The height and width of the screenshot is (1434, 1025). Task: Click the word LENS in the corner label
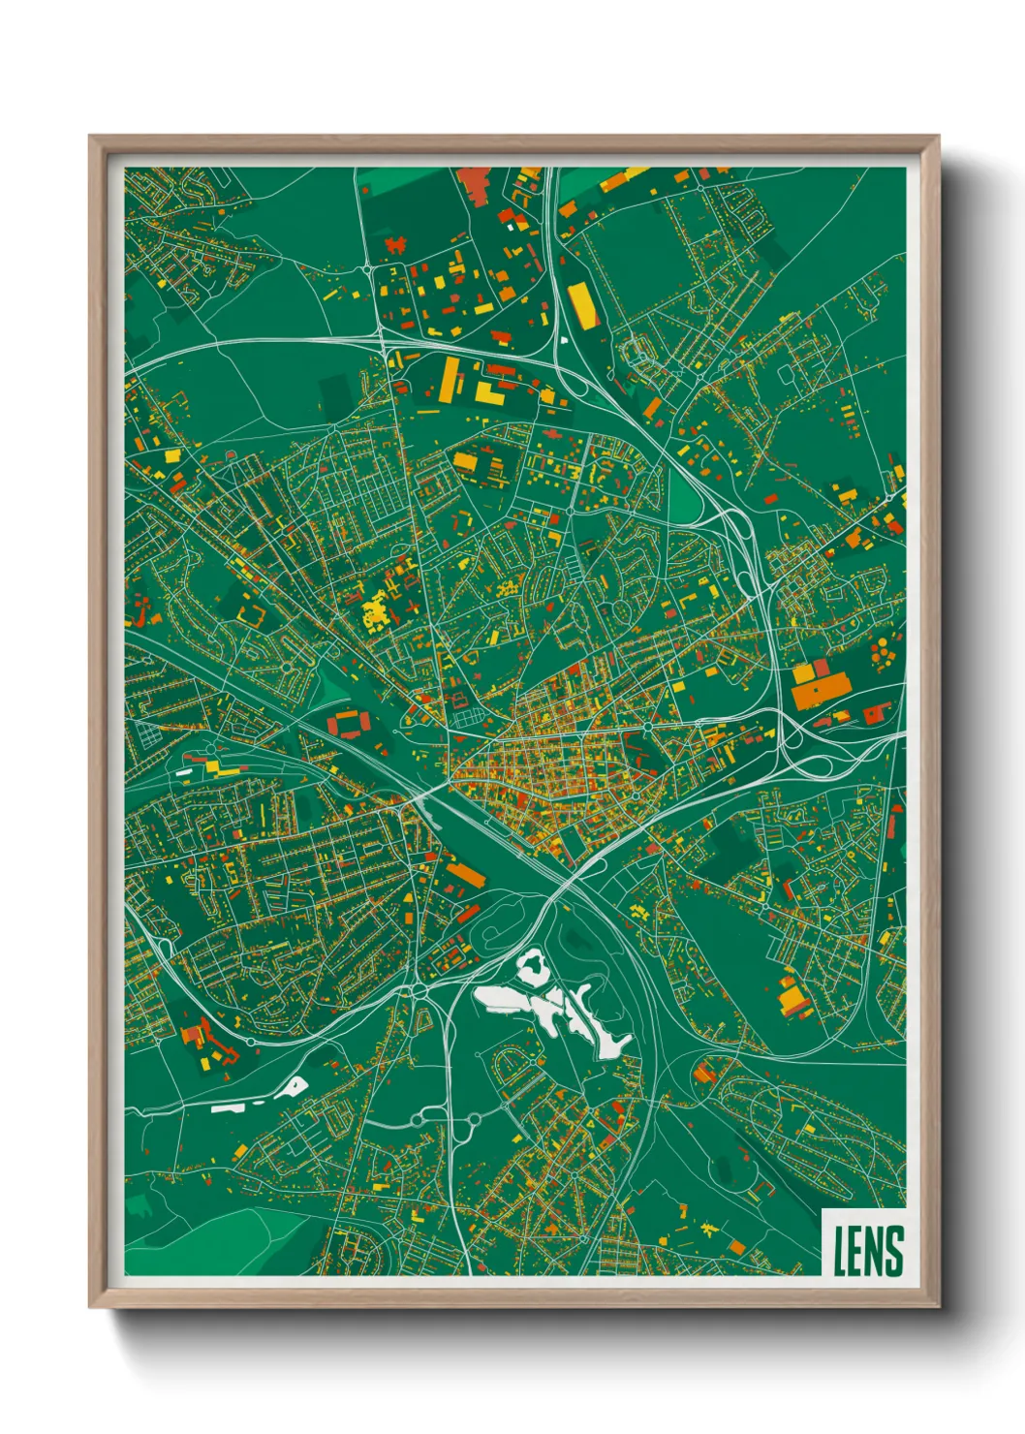868,1251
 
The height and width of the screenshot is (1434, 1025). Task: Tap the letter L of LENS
841,1251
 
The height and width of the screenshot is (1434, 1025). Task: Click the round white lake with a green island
531,965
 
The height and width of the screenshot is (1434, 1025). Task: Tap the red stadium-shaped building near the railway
349,723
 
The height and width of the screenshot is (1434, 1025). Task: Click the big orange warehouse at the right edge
820,689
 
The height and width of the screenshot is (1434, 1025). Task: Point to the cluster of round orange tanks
885,654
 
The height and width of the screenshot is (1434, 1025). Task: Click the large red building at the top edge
476,184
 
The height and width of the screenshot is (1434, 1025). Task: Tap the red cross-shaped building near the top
396,243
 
